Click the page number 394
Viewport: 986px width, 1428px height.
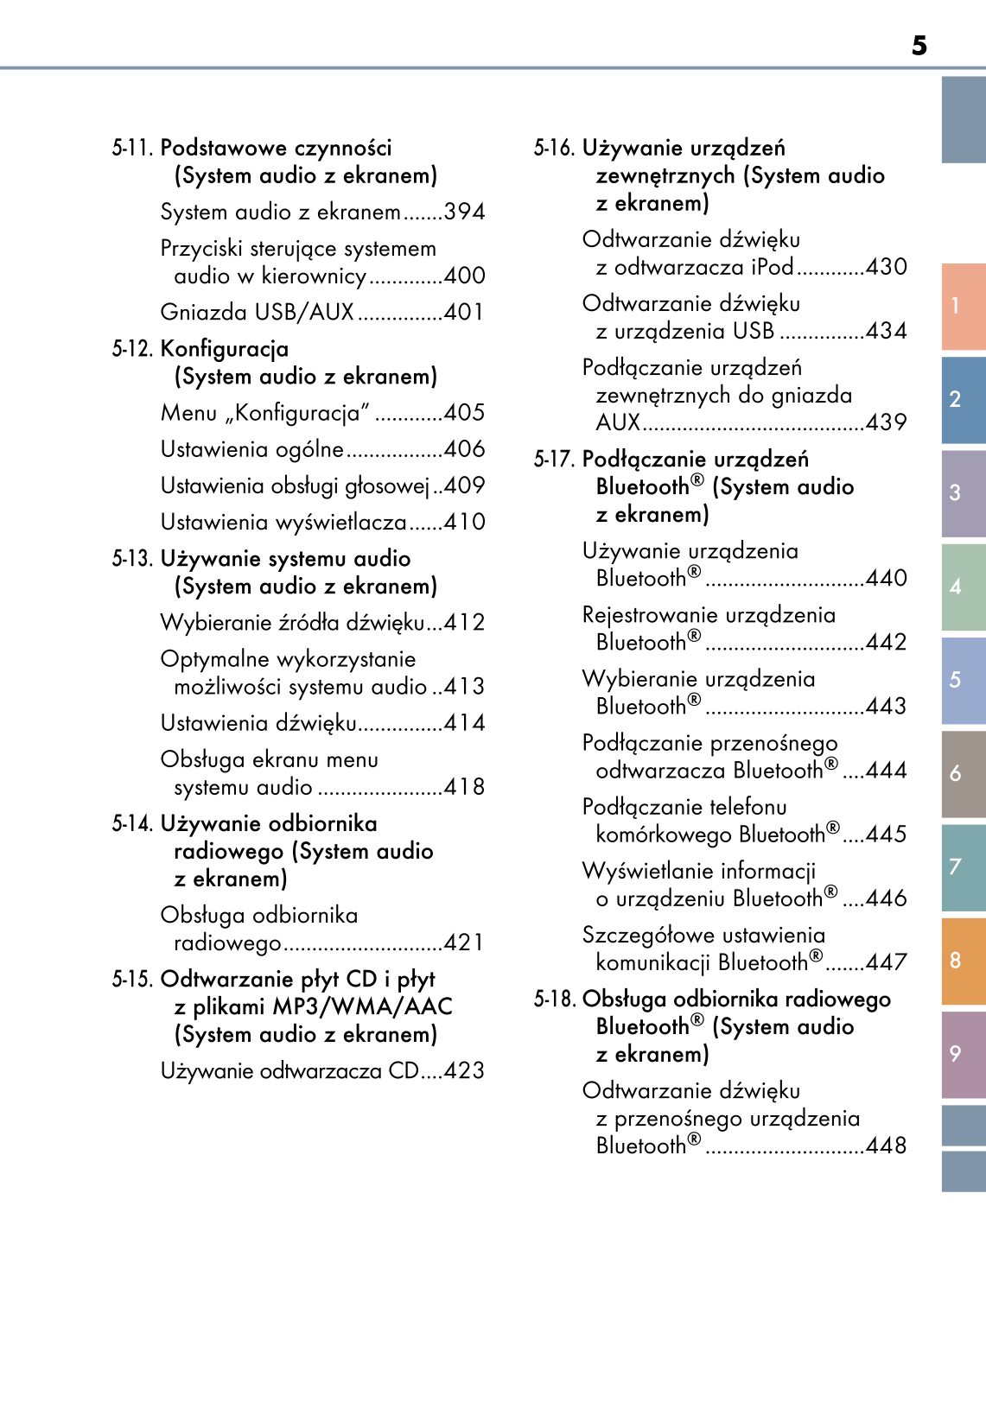[x=464, y=212]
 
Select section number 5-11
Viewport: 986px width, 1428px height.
[x=132, y=148]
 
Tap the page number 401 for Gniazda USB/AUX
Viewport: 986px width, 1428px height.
[x=464, y=312]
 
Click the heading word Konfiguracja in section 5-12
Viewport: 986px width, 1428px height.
[x=225, y=349]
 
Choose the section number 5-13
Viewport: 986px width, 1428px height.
[x=132, y=559]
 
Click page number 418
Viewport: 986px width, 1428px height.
[x=464, y=787]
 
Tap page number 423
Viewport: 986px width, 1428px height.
[x=464, y=1071]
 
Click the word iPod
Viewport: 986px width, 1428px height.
[x=772, y=267]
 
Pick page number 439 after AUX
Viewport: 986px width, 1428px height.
[x=886, y=422]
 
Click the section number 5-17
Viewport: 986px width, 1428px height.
[x=554, y=460]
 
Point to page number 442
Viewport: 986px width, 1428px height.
[x=886, y=642]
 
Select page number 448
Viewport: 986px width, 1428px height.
[x=886, y=1146]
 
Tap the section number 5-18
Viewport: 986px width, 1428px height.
[x=554, y=1000]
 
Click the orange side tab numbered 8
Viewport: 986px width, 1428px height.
[x=962, y=961]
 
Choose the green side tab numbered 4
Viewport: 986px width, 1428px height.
[x=962, y=587]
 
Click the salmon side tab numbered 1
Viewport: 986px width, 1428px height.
[x=962, y=306]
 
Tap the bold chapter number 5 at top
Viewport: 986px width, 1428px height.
[x=919, y=46]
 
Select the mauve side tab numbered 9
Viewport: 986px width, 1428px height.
[x=962, y=1054]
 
